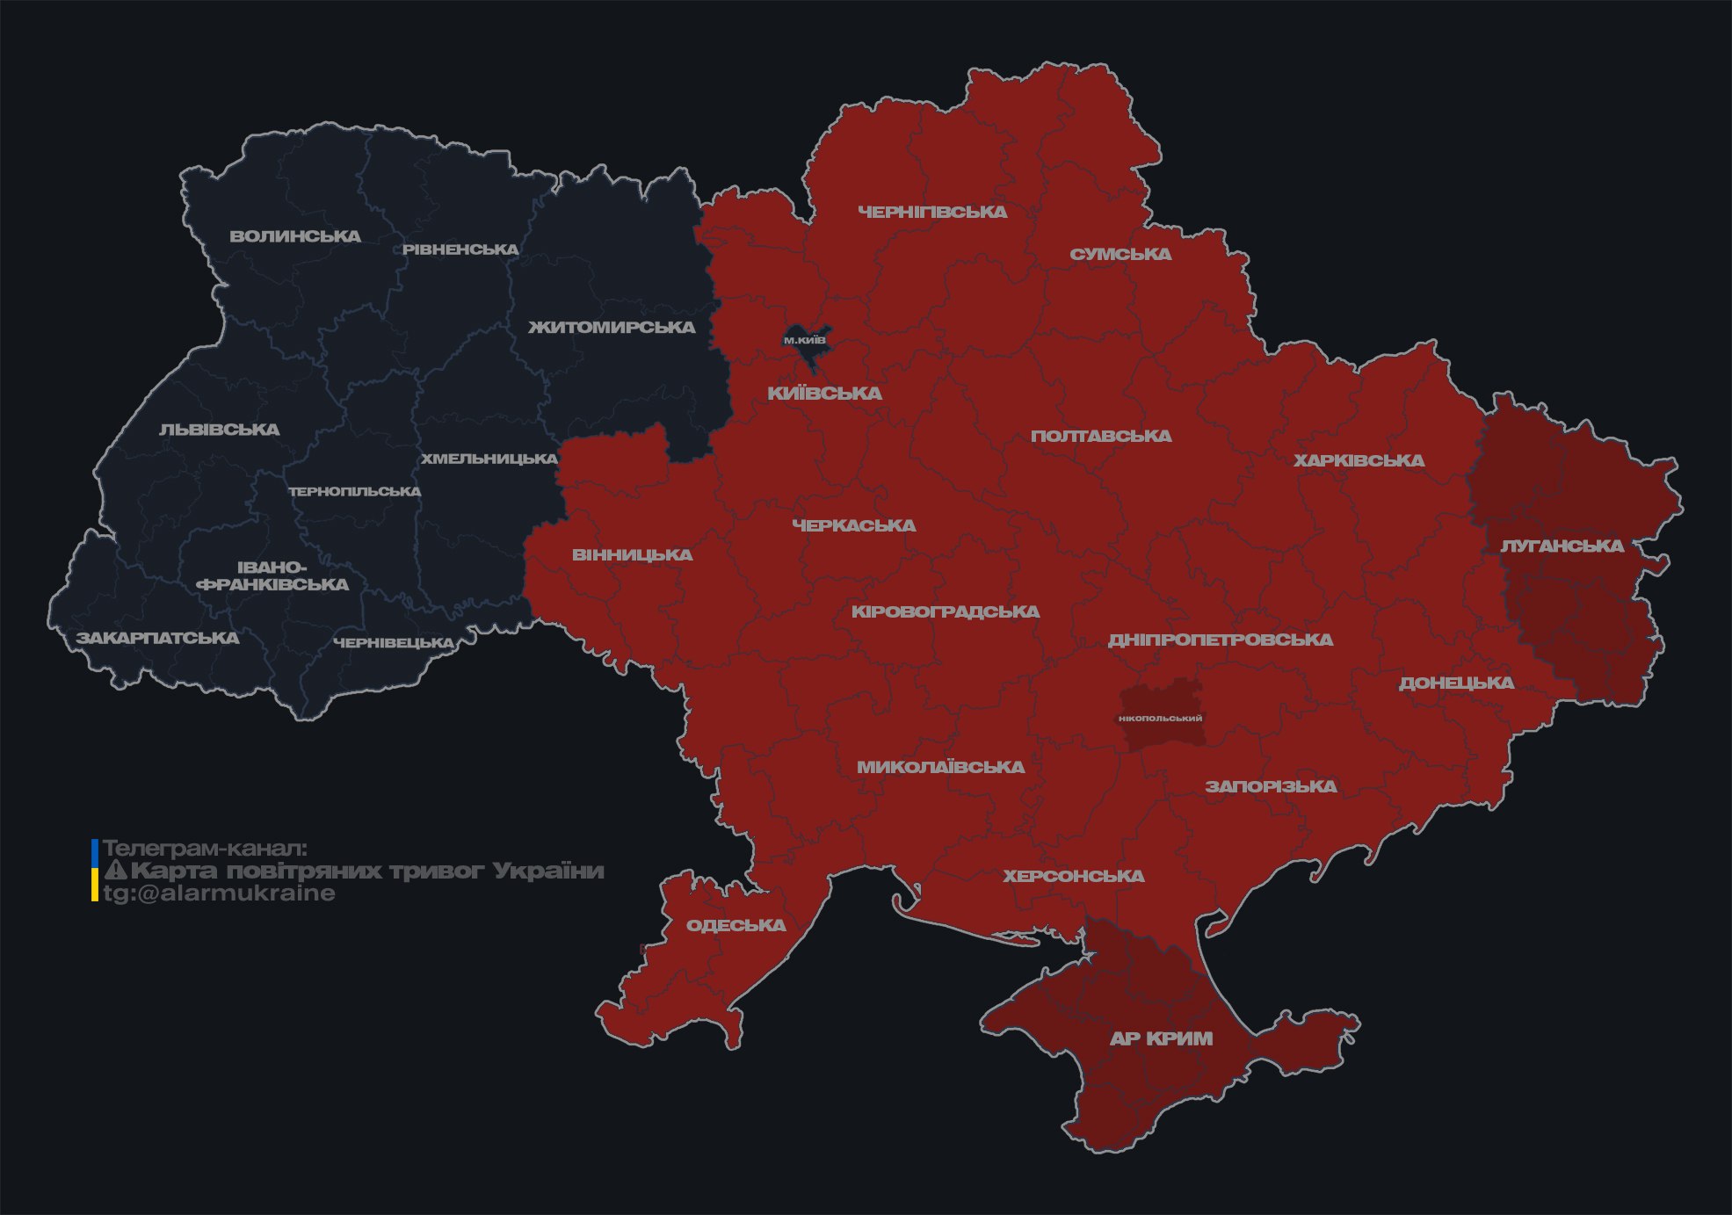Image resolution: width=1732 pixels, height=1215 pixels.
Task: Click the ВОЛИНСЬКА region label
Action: pos(295,236)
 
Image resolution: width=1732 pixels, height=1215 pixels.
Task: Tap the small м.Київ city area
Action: pos(806,341)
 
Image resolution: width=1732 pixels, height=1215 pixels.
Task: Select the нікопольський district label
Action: pos(1160,719)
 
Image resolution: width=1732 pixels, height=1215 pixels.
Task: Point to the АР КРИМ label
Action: pos(1161,1038)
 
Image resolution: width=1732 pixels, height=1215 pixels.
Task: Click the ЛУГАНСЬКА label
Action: pos(1562,546)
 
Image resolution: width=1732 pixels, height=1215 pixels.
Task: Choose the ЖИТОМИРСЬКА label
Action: pos(612,328)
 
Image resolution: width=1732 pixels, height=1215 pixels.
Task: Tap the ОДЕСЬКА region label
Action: pos(736,925)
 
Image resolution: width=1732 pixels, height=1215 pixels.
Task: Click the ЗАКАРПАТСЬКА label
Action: pos(157,638)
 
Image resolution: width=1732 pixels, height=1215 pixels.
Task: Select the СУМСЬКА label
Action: pos(1120,255)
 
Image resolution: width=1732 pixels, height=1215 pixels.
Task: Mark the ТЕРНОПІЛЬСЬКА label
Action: pos(355,491)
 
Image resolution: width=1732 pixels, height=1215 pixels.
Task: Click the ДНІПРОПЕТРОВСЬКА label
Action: pos(1220,640)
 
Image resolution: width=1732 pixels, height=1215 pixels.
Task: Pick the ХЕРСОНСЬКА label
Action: pos(1073,876)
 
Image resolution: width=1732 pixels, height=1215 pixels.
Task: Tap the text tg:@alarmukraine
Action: pos(219,893)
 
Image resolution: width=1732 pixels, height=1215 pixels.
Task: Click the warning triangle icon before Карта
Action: pos(115,871)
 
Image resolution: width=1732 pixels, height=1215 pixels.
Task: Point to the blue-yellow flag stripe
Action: pos(95,871)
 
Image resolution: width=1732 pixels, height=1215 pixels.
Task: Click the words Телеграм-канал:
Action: pos(205,849)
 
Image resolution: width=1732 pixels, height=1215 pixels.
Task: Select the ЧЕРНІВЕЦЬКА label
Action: pos(394,643)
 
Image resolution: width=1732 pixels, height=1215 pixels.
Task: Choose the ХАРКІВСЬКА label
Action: pos(1359,460)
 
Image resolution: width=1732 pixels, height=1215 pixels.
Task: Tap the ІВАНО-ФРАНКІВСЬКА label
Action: pos(272,576)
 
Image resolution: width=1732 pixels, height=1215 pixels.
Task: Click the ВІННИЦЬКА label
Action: pos(632,555)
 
